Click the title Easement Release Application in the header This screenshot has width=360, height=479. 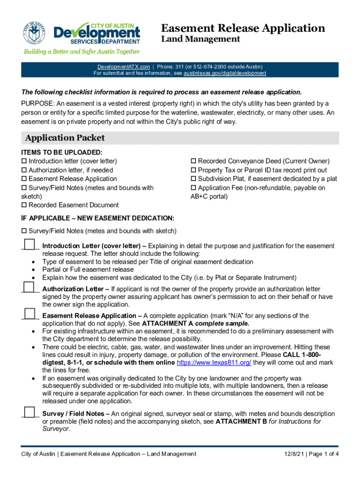click(243, 28)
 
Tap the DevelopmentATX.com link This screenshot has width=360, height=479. click(124, 67)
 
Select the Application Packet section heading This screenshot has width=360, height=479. click(65, 138)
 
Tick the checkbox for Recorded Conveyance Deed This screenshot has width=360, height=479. click(194, 161)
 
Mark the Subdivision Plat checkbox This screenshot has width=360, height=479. click(194, 179)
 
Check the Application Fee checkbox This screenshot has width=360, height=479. click(194, 188)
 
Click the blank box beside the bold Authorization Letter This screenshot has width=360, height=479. click(29, 286)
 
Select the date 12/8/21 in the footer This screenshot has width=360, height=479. click(295, 454)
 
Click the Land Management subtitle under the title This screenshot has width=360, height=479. click(201, 39)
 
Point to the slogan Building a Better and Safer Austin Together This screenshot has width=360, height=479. click(82, 51)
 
